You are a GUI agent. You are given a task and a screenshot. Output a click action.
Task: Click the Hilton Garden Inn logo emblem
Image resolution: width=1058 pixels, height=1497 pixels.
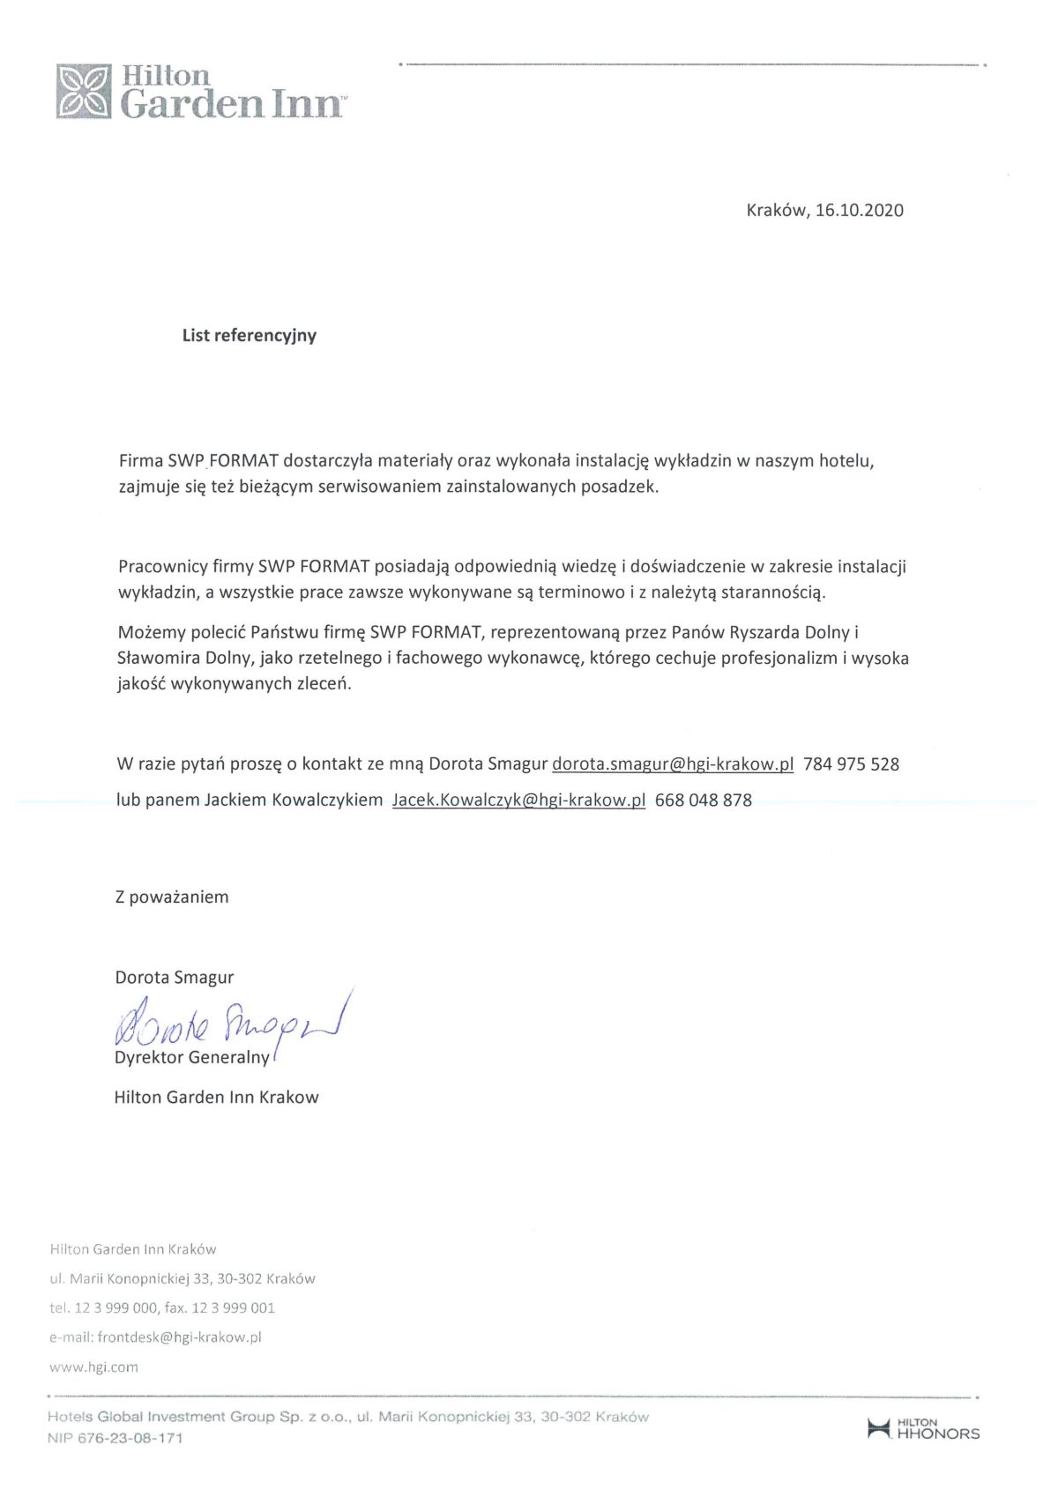point(84,91)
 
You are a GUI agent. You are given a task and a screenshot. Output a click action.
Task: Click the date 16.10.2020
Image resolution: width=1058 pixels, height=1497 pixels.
point(860,210)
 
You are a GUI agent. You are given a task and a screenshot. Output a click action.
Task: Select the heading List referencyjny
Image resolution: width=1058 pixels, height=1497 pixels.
point(249,335)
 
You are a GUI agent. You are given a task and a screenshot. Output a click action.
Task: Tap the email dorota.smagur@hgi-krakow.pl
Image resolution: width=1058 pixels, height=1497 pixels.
point(673,764)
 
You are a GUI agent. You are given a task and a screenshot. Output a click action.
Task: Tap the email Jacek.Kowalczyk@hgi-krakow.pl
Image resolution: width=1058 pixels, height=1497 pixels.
point(518,801)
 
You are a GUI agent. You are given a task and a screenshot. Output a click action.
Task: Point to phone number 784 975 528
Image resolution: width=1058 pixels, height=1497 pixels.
point(851,764)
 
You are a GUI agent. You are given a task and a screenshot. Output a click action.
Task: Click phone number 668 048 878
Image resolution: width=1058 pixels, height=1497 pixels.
point(704,801)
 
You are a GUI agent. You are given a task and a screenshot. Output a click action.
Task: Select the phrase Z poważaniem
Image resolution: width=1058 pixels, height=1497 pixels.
point(172,897)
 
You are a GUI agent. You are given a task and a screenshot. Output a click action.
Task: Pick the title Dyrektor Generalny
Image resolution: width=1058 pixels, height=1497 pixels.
point(191,1057)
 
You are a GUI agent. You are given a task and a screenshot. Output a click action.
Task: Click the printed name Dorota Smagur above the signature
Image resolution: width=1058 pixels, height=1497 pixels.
point(174,977)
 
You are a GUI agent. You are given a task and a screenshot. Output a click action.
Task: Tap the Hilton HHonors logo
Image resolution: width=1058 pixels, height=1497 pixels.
point(923,1429)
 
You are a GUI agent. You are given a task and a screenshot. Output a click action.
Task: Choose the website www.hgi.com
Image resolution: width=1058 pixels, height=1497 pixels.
point(93,1367)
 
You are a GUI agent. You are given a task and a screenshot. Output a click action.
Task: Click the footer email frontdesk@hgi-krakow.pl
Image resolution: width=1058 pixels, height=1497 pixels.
point(179,1337)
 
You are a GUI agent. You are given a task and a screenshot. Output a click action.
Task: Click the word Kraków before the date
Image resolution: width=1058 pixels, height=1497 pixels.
point(776,210)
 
